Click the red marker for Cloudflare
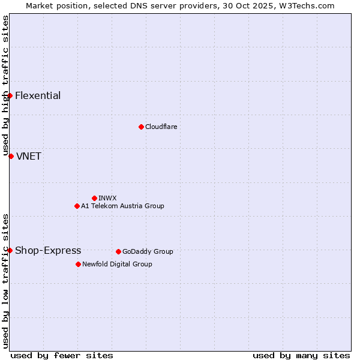click(141, 127)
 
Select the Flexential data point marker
click(10, 95)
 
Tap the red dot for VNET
click(11, 156)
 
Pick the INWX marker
click(94, 198)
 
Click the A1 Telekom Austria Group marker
click(77, 206)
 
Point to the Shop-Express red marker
click(10, 250)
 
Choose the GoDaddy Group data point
click(118, 251)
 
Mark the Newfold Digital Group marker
click(78, 264)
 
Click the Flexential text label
click(38, 96)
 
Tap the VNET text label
click(29, 157)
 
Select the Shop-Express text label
click(48, 251)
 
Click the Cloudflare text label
click(161, 127)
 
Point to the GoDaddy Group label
click(148, 252)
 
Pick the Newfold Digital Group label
click(117, 265)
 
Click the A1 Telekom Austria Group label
click(122, 206)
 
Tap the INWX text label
click(107, 199)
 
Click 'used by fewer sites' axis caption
click(62, 355)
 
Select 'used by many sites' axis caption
click(301, 355)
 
